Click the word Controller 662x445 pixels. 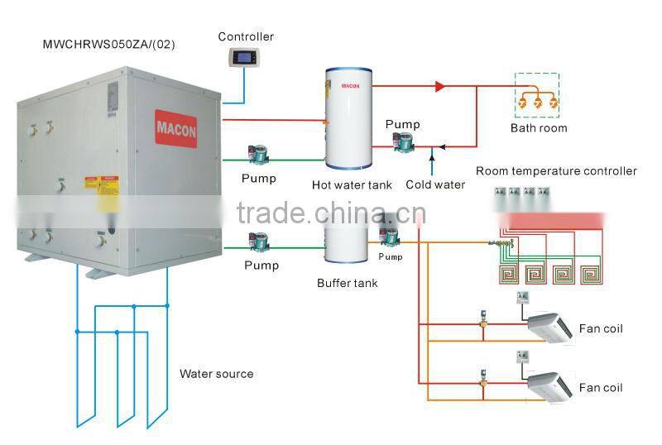(246, 36)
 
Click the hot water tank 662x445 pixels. (348, 120)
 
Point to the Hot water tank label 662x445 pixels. (352, 185)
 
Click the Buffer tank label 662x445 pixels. (347, 283)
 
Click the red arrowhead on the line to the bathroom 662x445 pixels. (440, 86)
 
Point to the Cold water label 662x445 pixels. (435, 184)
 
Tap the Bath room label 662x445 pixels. (538, 128)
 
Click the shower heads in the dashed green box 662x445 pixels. (537, 101)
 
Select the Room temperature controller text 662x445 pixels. (556, 171)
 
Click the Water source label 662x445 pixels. (216, 374)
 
